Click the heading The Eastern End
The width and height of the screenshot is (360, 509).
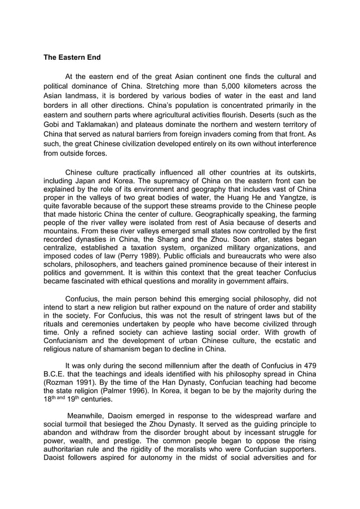click(x=72, y=57)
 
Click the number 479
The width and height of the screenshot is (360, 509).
click(x=308, y=365)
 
